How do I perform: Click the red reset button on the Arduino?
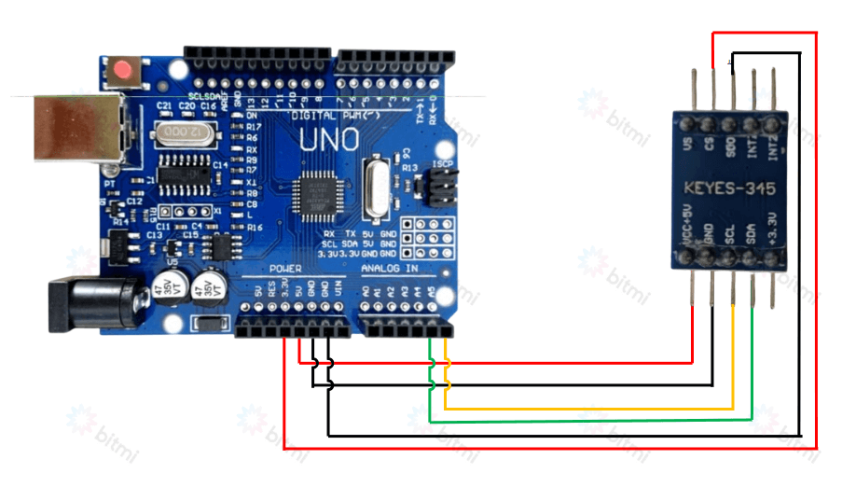122,70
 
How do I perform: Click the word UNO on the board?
329,141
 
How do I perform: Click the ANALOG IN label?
391,268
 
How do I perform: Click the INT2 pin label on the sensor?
773,146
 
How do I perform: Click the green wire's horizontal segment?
587,420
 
